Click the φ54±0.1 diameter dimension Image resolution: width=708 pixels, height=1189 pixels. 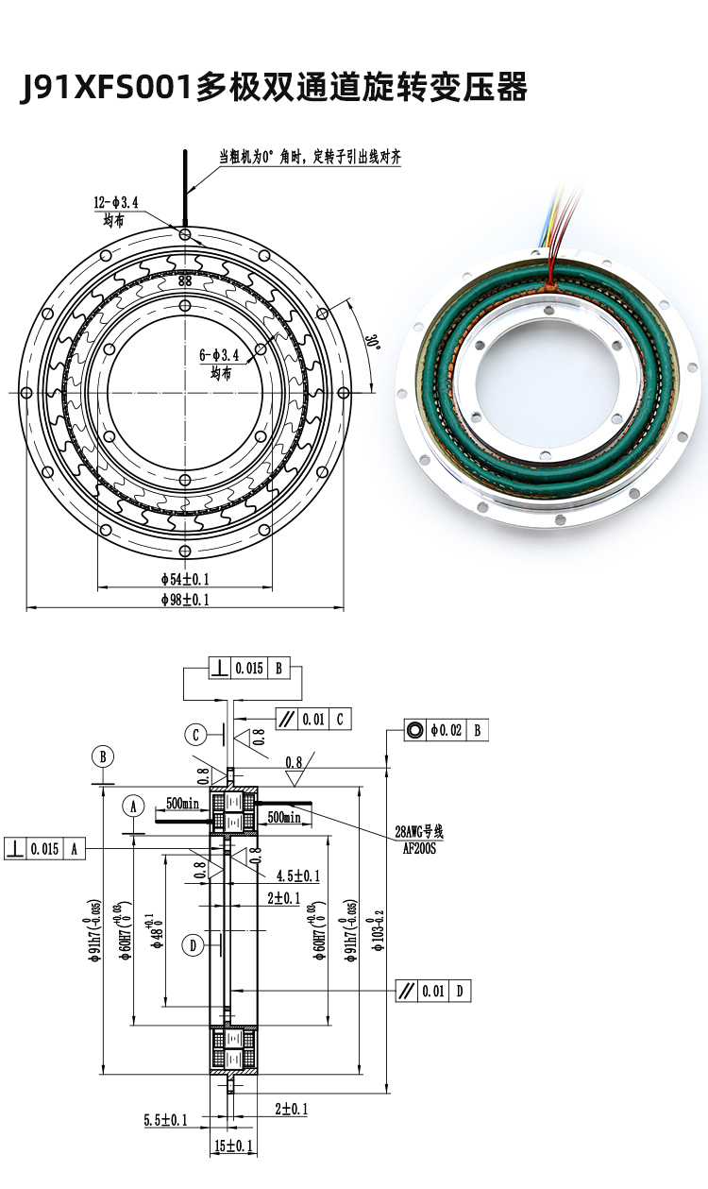184,578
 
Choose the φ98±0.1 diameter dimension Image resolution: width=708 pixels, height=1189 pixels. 184,599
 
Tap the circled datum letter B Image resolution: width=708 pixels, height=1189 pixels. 103,756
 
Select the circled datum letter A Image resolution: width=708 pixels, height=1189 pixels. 134,807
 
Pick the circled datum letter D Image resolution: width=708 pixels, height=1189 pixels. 193,944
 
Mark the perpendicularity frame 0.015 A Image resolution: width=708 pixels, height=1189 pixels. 45,848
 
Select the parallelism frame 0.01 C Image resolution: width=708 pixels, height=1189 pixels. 313,720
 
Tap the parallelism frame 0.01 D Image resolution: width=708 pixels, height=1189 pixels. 431,991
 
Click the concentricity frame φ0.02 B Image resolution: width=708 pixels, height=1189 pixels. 446,730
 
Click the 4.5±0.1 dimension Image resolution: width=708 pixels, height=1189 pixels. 298,875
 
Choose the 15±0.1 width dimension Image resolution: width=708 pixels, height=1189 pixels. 231,1146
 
